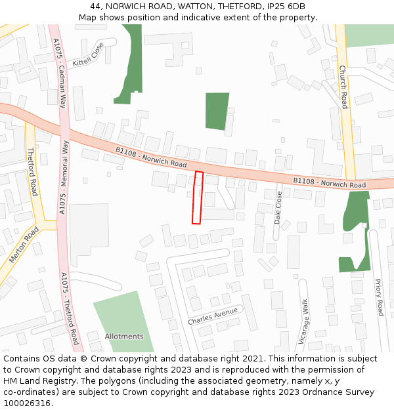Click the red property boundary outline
point(197,197)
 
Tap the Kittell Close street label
point(89,55)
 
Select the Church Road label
point(343,87)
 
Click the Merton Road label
point(24,245)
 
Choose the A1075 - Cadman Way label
point(60,73)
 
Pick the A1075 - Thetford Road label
point(70,308)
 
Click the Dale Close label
point(278,208)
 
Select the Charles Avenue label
point(213,317)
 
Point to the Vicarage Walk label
point(303,321)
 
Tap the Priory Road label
point(379,297)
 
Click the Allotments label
point(124,337)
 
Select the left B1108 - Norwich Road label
point(151,157)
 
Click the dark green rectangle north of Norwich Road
point(217,111)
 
